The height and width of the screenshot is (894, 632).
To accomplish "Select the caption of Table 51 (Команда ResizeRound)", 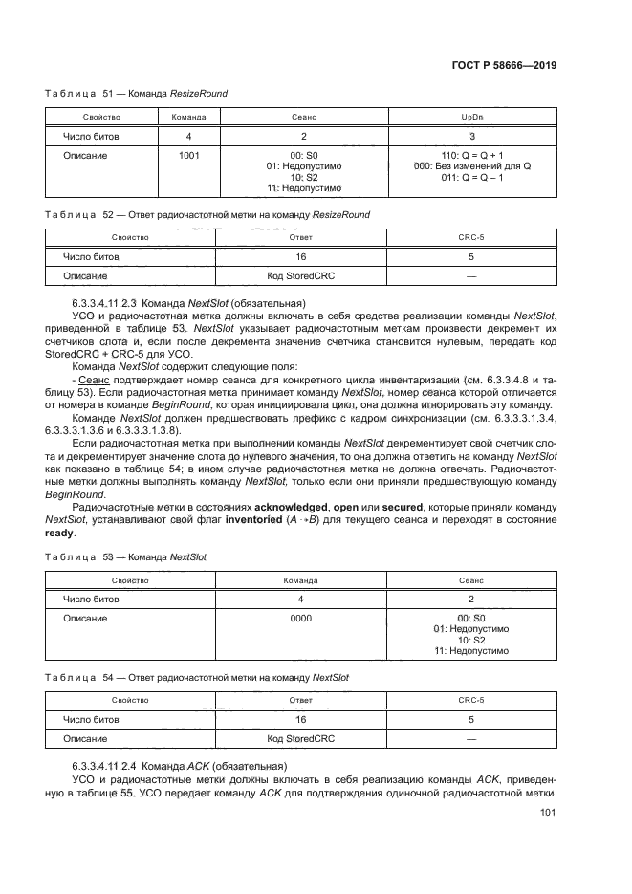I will (x=137, y=94).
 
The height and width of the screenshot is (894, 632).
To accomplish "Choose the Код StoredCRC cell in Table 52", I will (x=300, y=275).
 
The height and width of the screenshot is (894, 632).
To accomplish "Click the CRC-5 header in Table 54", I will (x=470, y=701).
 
